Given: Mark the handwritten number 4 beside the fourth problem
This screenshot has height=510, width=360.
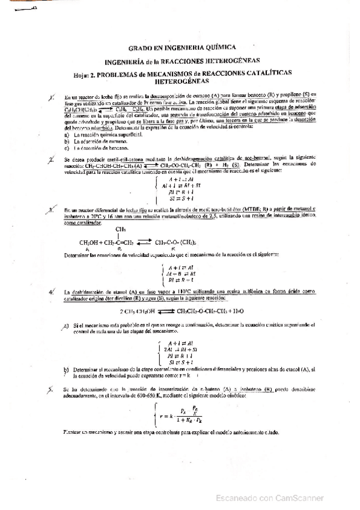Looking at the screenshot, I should tap(53, 290).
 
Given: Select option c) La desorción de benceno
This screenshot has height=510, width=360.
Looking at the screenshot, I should tap(103, 147).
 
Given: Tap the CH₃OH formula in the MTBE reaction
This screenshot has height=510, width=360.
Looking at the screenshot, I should tap(88, 242).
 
